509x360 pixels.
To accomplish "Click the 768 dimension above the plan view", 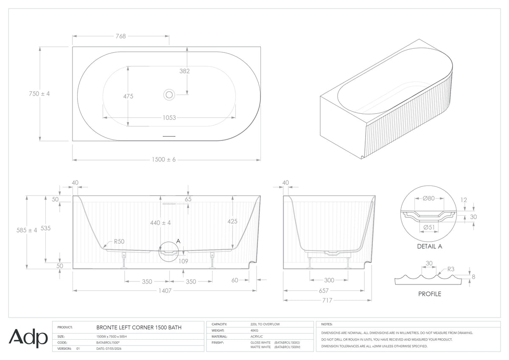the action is pyautogui.click(x=120, y=36).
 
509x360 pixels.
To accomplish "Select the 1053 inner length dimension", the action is pyautogui.click(x=169, y=118).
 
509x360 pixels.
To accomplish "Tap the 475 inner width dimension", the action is pyautogui.click(x=128, y=96).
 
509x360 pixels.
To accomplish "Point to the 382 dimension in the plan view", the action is pyautogui.click(x=185, y=71).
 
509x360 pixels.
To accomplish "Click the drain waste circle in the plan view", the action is pyautogui.click(x=169, y=95).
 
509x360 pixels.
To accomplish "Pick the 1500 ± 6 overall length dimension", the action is pyautogui.click(x=164, y=160).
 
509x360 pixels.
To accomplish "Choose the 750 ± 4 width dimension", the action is pyautogui.click(x=39, y=93).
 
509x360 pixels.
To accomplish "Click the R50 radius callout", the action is pyautogui.click(x=119, y=241).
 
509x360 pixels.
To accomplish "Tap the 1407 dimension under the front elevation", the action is pyautogui.click(x=165, y=291).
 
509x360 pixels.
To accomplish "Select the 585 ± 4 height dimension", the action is pyautogui.click(x=27, y=230).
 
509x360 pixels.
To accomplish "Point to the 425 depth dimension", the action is pyautogui.click(x=232, y=221).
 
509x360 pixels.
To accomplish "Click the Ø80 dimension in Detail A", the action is pyautogui.click(x=429, y=198).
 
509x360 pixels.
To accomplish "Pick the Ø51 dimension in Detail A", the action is pyautogui.click(x=429, y=227).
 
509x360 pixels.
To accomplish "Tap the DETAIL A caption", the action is pyautogui.click(x=430, y=246).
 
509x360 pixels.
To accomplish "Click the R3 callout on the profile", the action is pyautogui.click(x=451, y=269).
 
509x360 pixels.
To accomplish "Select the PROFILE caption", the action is pyautogui.click(x=430, y=294).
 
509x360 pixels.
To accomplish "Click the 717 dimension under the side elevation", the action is pyautogui.click(x=327, y=300).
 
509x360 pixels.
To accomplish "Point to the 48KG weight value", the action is pyautogui.click(x=254, y=330).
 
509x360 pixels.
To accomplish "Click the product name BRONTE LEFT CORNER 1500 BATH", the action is pyautogui.click(x=139, y=327).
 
